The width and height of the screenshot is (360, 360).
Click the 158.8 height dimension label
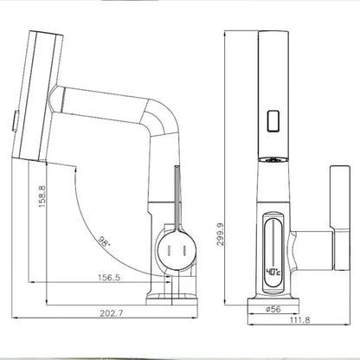click(42, 196)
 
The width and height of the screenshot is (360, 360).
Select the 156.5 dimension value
click(109, 278)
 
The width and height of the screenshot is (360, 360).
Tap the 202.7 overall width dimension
click(112, 313)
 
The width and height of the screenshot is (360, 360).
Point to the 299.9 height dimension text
click(221, 234)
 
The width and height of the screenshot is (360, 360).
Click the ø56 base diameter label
click(273, 309)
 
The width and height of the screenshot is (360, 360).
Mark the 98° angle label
click(104, 241)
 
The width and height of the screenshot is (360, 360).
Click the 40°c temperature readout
click(273, 272)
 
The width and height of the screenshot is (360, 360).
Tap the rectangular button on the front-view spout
click(273, 121)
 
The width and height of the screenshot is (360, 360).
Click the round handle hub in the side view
click(177, 250)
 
